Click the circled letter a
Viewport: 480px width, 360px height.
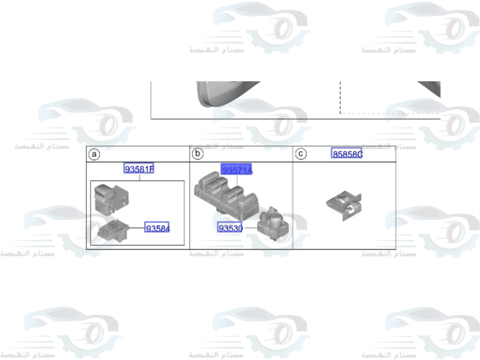[x=95, y=154]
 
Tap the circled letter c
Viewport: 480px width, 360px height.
[x=301, y=154]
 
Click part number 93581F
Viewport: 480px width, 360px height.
[x=139, y=169]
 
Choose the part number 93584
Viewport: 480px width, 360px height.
[x=158, y=229]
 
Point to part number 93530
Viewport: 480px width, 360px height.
[x=230, y=228]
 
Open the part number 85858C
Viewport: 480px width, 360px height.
[x=347, y=154]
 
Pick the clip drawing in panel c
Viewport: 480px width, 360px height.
[x=343, y=205]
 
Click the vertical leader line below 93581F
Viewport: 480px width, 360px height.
[x=139, y=178]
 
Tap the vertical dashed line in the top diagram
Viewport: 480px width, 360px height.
[x=340, y=96]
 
